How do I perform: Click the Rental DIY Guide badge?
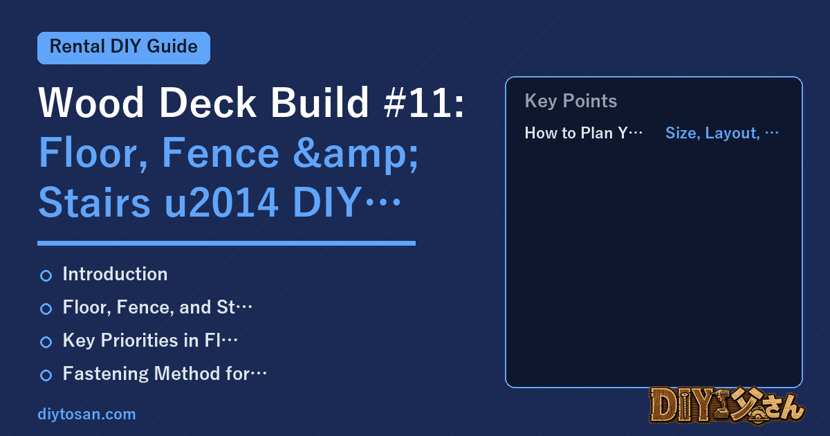point(124,48)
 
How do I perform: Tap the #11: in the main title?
point(424,102)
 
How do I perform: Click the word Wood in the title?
point(91,102)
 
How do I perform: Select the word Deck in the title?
point(207,102)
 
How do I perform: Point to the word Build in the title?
point(320,102)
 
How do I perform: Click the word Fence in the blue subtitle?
point(221,153)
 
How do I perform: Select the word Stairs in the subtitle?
point(95,202)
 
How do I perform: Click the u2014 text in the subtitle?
point(221,202)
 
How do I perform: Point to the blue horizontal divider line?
point(226,243)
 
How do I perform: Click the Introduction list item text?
point(115,274)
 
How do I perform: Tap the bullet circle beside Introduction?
point(46,276)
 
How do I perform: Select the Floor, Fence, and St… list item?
point(157,308)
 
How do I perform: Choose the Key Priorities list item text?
point(150,340)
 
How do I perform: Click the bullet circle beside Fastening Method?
point(46,375)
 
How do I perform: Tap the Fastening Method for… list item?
point(165,374)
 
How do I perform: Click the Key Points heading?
point(571,101)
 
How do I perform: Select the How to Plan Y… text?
point(583,133)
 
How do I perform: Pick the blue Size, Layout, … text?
point(722,134)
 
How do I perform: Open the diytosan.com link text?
point(86,415)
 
